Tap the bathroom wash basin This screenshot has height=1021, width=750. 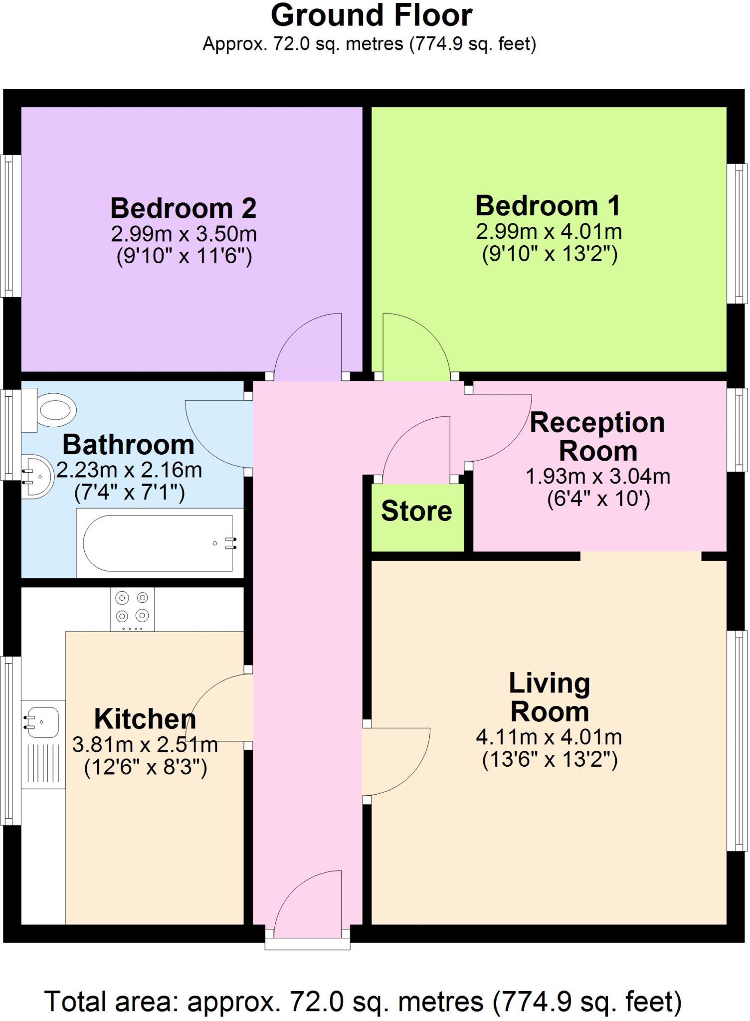[x=37, y=476]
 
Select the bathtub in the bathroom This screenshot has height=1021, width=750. [x=158, y=543]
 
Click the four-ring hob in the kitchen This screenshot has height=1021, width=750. [x=132, y=609]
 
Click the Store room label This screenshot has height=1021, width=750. [x=416, y=511]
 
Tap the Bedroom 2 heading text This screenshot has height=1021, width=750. [x=183, y=208]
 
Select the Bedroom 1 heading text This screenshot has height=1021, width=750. [x=548, y=205]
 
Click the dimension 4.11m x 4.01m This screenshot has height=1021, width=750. [x=549, y=737]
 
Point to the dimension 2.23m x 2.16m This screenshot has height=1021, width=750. [x=129, y=470]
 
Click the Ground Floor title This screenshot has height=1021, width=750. [x=372, y=16]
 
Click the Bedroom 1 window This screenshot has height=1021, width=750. [x=737, y=233]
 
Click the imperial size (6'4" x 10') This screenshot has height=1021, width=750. [x=598, y=499]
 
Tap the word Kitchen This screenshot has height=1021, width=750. [x=145, y=719]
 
